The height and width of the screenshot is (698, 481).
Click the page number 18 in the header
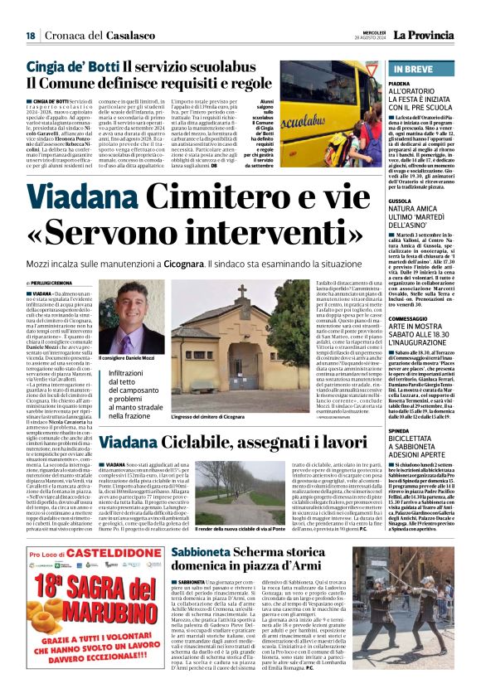point(31,34)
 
